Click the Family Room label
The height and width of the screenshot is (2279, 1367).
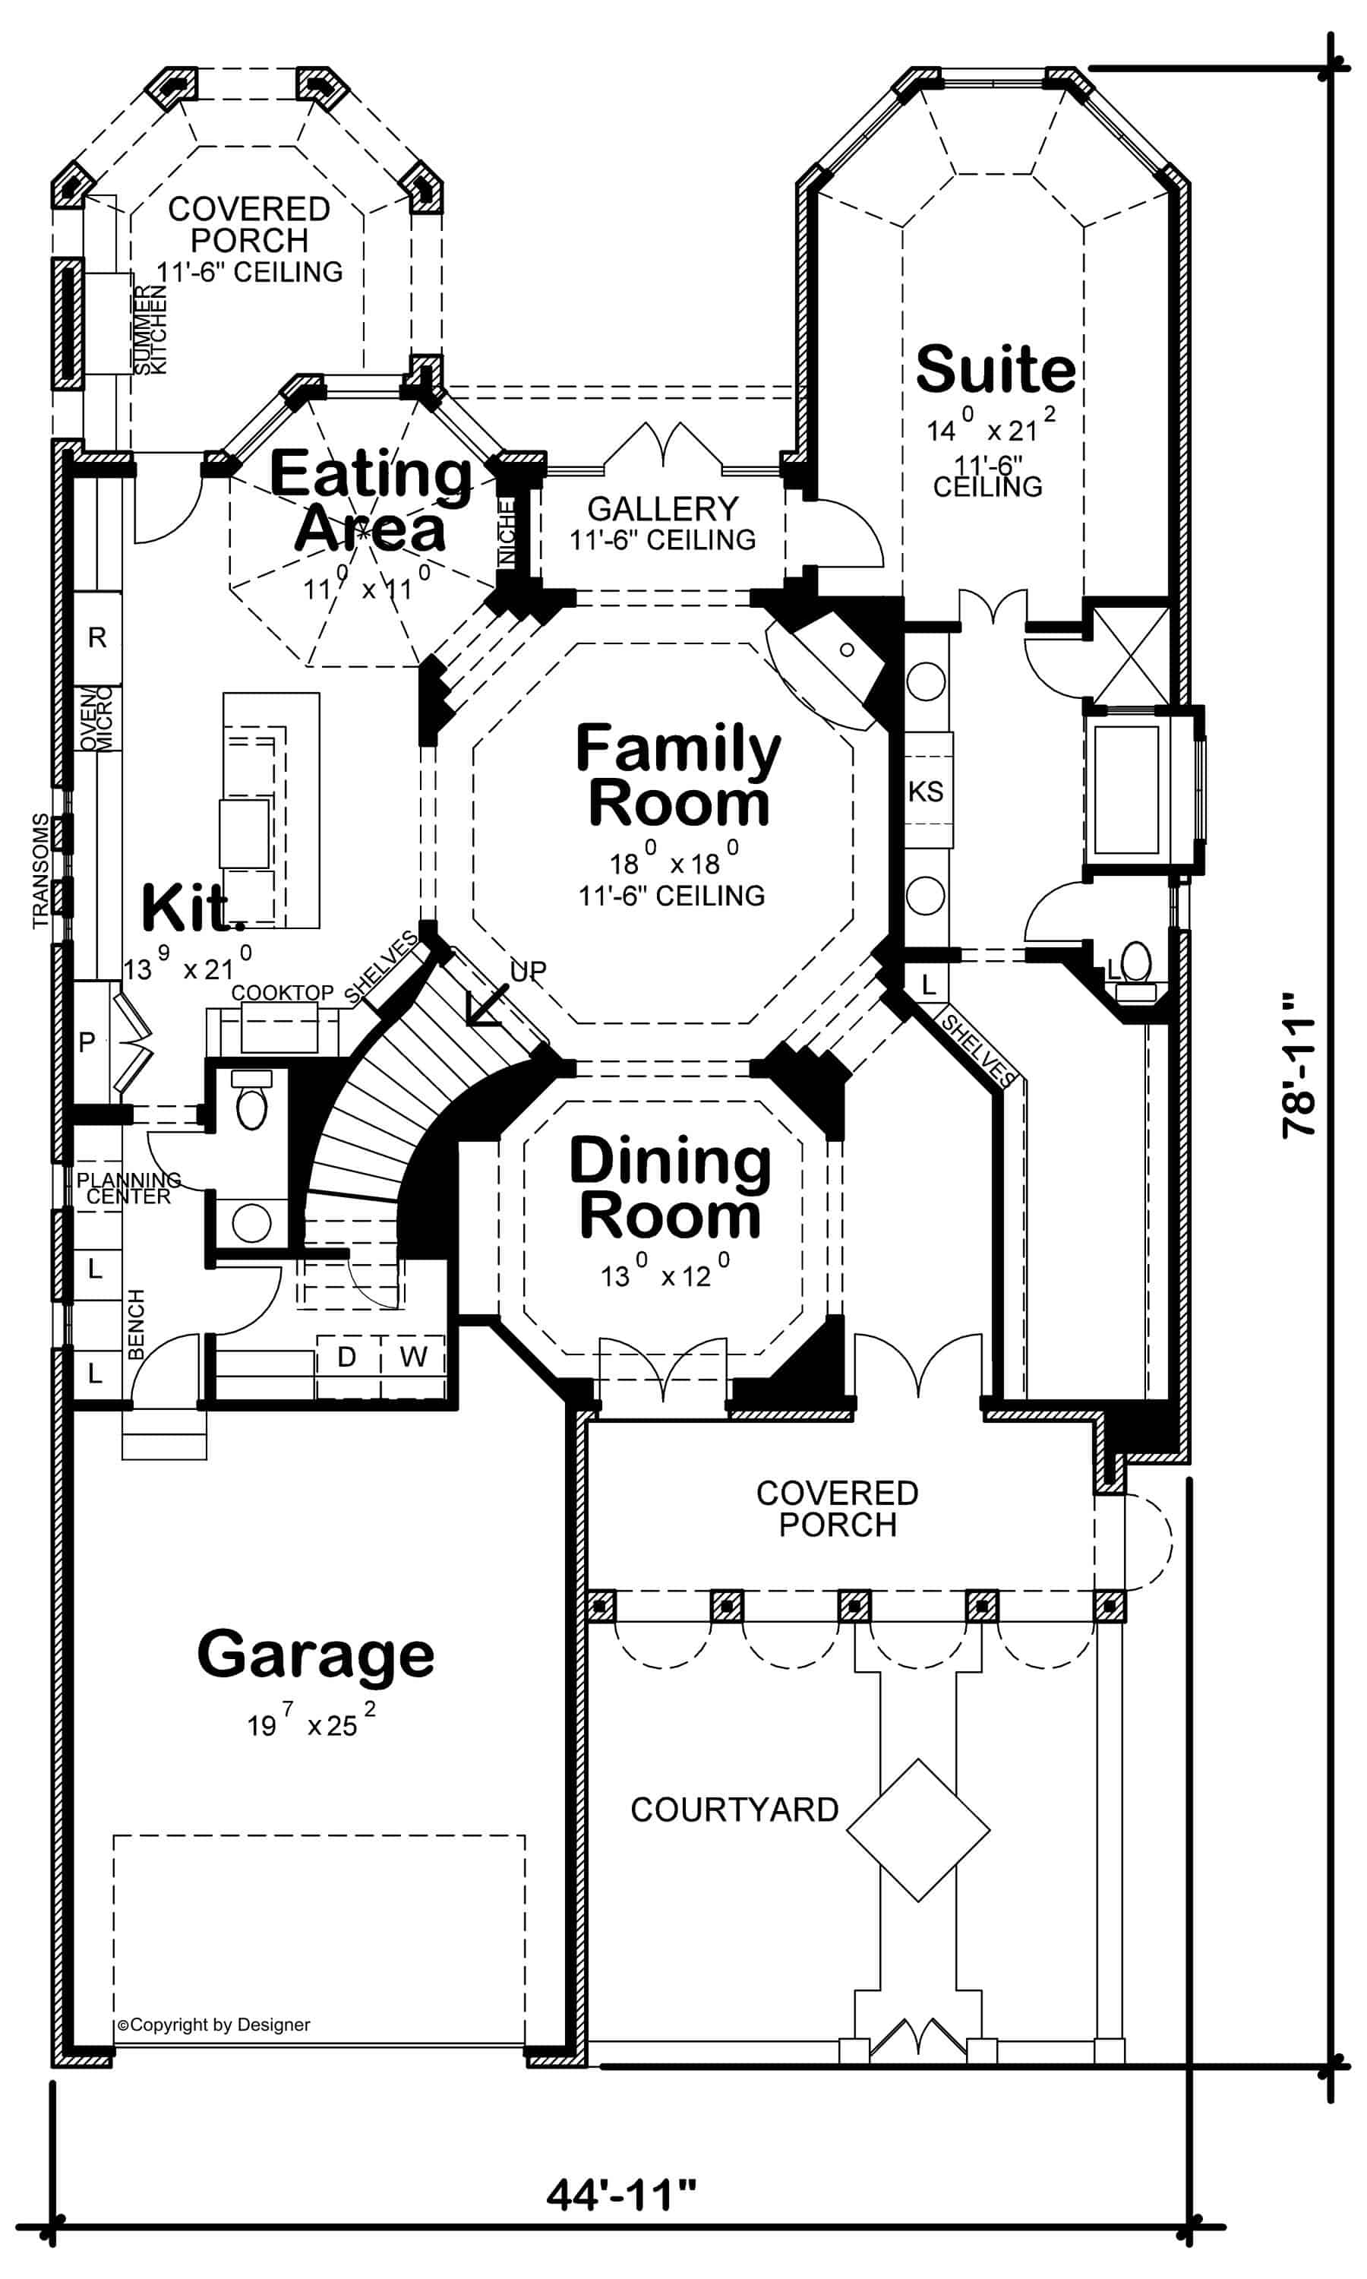(x=678, y=776)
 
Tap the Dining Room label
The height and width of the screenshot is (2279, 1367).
(x=670, y=1188)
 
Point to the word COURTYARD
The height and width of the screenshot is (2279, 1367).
(x=734, y=1810)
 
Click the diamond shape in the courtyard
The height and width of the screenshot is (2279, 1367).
(x=917, y=1829)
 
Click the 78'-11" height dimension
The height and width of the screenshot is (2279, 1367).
(x=1299, y=1064)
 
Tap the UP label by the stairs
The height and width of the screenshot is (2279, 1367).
(x=528, y=970)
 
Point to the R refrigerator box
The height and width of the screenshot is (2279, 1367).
(x=96, y=637)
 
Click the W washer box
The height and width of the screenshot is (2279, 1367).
(x=414, y=1356)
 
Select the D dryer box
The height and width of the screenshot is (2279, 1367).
(x=346, y=1356)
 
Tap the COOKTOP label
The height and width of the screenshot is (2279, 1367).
(x=282, y=992)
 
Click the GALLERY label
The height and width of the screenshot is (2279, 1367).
(x=662, y=508)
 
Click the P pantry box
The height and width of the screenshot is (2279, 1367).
(x=87, y=1042)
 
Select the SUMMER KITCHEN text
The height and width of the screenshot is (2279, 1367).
(x=151, y=329)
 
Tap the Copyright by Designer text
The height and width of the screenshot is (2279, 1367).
(x=213, y=2025)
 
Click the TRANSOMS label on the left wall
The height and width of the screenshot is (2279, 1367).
(x=40, y=870)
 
